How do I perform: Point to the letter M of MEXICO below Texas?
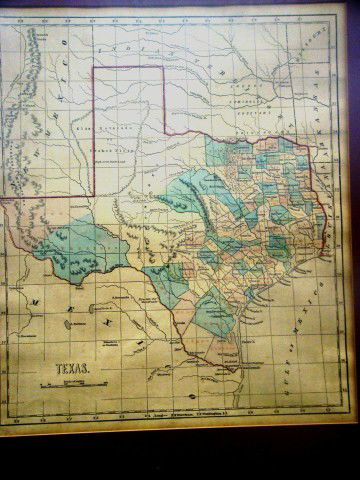pos(37,299)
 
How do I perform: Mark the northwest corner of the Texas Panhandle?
pos(96,66)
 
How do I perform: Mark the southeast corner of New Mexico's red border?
pos(96,196)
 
